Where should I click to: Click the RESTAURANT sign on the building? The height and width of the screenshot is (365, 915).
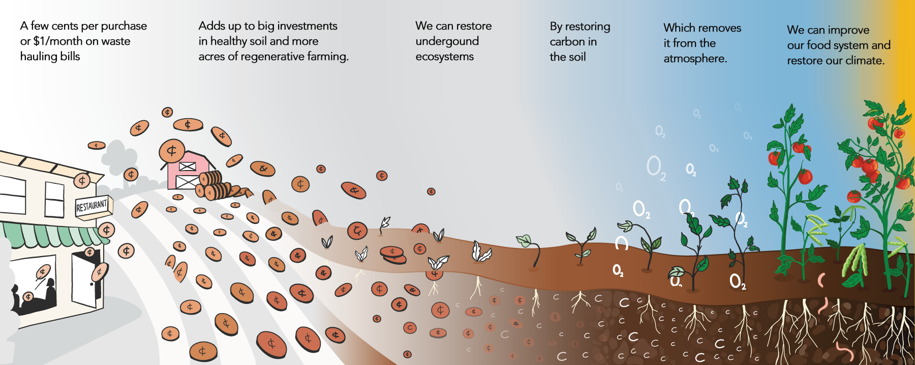[92, 206]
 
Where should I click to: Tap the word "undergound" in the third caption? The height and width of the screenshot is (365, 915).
[447, 41]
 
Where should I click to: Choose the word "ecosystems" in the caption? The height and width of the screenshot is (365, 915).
[444, 57]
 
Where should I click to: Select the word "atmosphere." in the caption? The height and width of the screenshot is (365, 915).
[695, 59]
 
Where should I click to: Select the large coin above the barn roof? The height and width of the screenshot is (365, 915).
[172, 151]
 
